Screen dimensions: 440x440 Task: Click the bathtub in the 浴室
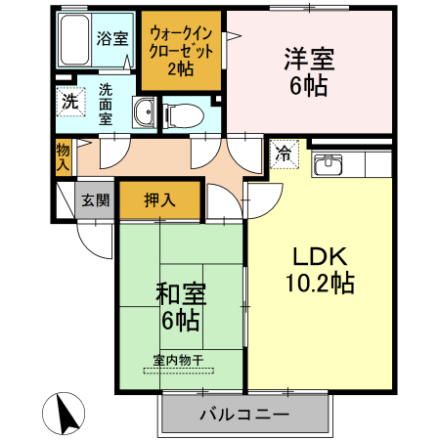coord(74,40)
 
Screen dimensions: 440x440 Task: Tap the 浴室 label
coord(112,38)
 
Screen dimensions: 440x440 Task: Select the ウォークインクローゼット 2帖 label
coord(181,52)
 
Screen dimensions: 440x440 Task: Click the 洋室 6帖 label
coord(309,72)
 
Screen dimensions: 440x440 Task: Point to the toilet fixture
coord(183,115)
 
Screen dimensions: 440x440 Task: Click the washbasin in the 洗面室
coord(144,112)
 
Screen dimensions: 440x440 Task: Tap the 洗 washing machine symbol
coord(70,102)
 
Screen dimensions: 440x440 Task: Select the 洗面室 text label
coord(106,104)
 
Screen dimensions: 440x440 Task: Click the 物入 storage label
coord(63,157)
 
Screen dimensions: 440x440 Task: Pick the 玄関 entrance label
coord(95,199)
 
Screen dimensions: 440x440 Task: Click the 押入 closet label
coord(159,199)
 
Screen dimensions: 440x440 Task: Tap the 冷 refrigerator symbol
coord(285,154)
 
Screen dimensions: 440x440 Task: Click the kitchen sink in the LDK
coord(328,164)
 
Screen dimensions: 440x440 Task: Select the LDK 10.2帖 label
coord(320,270)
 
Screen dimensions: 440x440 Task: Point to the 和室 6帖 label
coord(181,306)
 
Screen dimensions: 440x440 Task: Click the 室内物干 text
coord(178,360)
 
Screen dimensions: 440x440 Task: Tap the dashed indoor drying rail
coord(179,371)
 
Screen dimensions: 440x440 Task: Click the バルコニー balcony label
coord(244,415)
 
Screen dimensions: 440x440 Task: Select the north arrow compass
coord(64,414)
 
